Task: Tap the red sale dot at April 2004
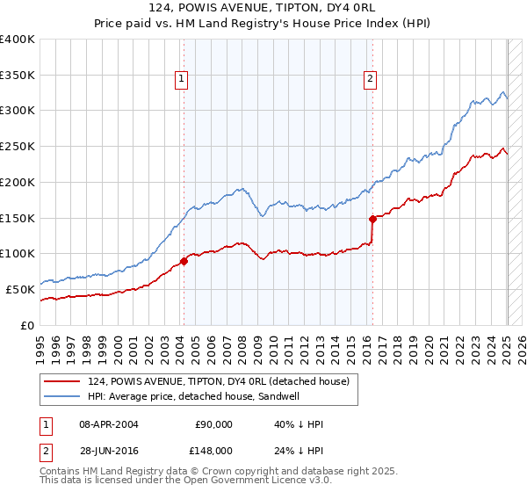pyautogui.click(x=184, y=260)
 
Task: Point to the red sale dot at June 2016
pyautogui.click(x=372, y=219)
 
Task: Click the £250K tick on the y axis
pyautogui.click(x=18, y=147)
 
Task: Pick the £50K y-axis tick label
pyautogui.click(x=21, y=289)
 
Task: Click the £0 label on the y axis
pyautogui.click(x=28, y=325)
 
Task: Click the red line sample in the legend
pyautogui.click(x=63, y=381)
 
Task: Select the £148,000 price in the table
pyautogui.click(x=213, y=451)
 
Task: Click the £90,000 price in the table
pyautogui.click(x=213, y=424)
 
